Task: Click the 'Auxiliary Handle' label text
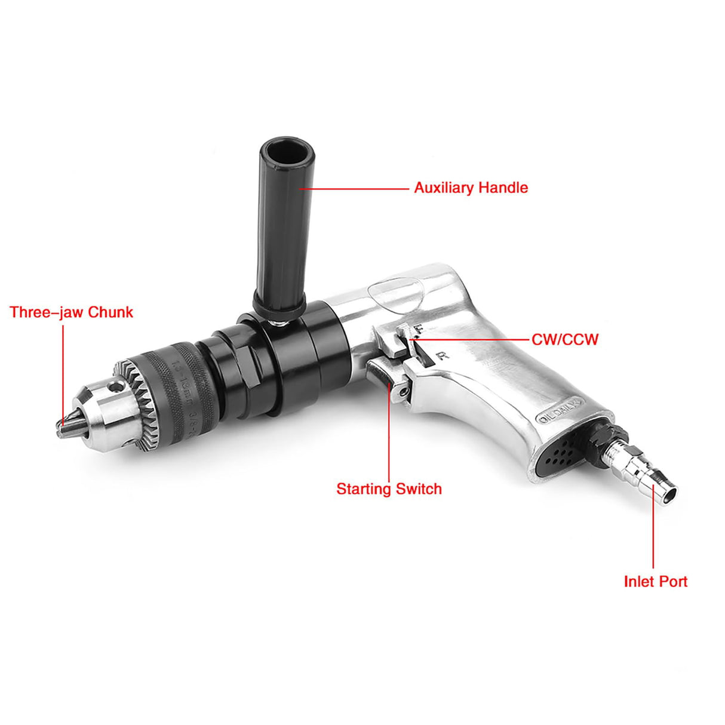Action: pyautogui.click(x=471, y=188)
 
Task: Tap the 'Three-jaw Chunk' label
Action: pyautogui.click(x=71, y=312)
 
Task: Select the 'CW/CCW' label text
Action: pyautogui.click(x=564, y=340)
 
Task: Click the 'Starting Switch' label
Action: pyautogui.click(x=389, y=489)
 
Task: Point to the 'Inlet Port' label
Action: pyautogui.click(x=655, y=581)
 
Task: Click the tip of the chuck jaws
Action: pyautogui.click(x=62, y=426)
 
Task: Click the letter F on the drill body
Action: pyautogui.click(x=419, y=329)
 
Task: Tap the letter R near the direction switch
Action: pyautogui.click(x=443, y=357)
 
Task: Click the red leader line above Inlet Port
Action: pyautogui.click(x=653, y=537)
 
